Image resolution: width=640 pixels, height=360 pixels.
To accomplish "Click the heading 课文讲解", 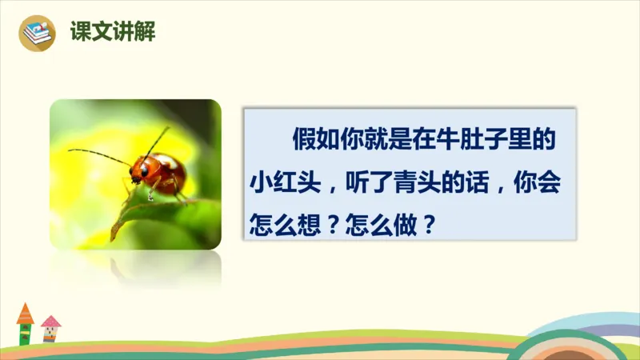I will pyautogui.click(x=113, y=33).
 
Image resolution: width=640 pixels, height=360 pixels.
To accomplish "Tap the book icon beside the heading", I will pyautogui.click(x=36, y=33).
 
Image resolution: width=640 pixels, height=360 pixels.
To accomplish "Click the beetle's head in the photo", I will pyautogui.click(x=140, y=170).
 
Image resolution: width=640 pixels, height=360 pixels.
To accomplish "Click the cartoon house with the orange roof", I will pyautogui.click(x=25, y=324).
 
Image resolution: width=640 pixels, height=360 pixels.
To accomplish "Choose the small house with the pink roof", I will pyautogui.click(x=50, y=329).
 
